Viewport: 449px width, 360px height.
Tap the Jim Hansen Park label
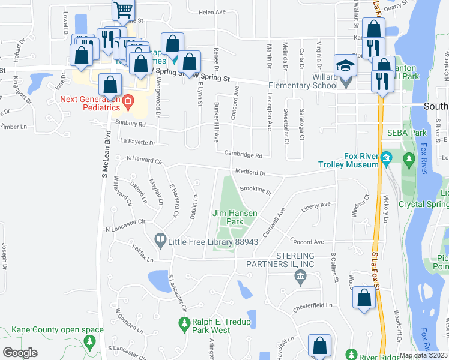pos(235,217)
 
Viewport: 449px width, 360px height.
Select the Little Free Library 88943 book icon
pos(160,241)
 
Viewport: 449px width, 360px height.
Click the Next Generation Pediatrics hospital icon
pos(127,103)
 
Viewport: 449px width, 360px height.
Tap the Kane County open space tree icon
pos(90,343)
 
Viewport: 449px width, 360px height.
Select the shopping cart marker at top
pos(123,10)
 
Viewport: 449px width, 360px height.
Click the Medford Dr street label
pos(250,172)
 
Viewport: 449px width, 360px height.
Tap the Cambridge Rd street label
pos(243,155)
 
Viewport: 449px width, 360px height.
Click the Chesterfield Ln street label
pos(313,306)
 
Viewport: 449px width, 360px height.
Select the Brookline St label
pos(256,191)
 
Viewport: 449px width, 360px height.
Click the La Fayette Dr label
pos(137,143)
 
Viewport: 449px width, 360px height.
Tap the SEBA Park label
pos(398,132)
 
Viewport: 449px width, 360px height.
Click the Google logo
pos(20,353)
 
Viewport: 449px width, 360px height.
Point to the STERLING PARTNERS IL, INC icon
pos(300,277)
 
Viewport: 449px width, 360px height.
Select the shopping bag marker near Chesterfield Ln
pos(364,298)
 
